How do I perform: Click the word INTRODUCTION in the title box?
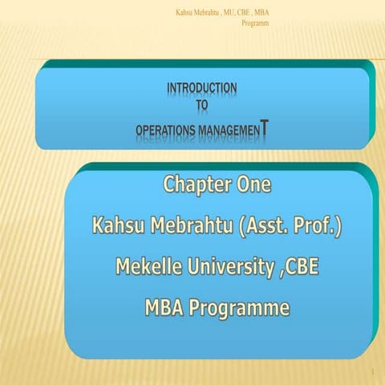click(201, 87)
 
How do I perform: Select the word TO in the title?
click(202, 102)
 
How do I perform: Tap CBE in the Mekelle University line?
click(300, 268)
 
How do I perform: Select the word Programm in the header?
click(254, 22)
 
